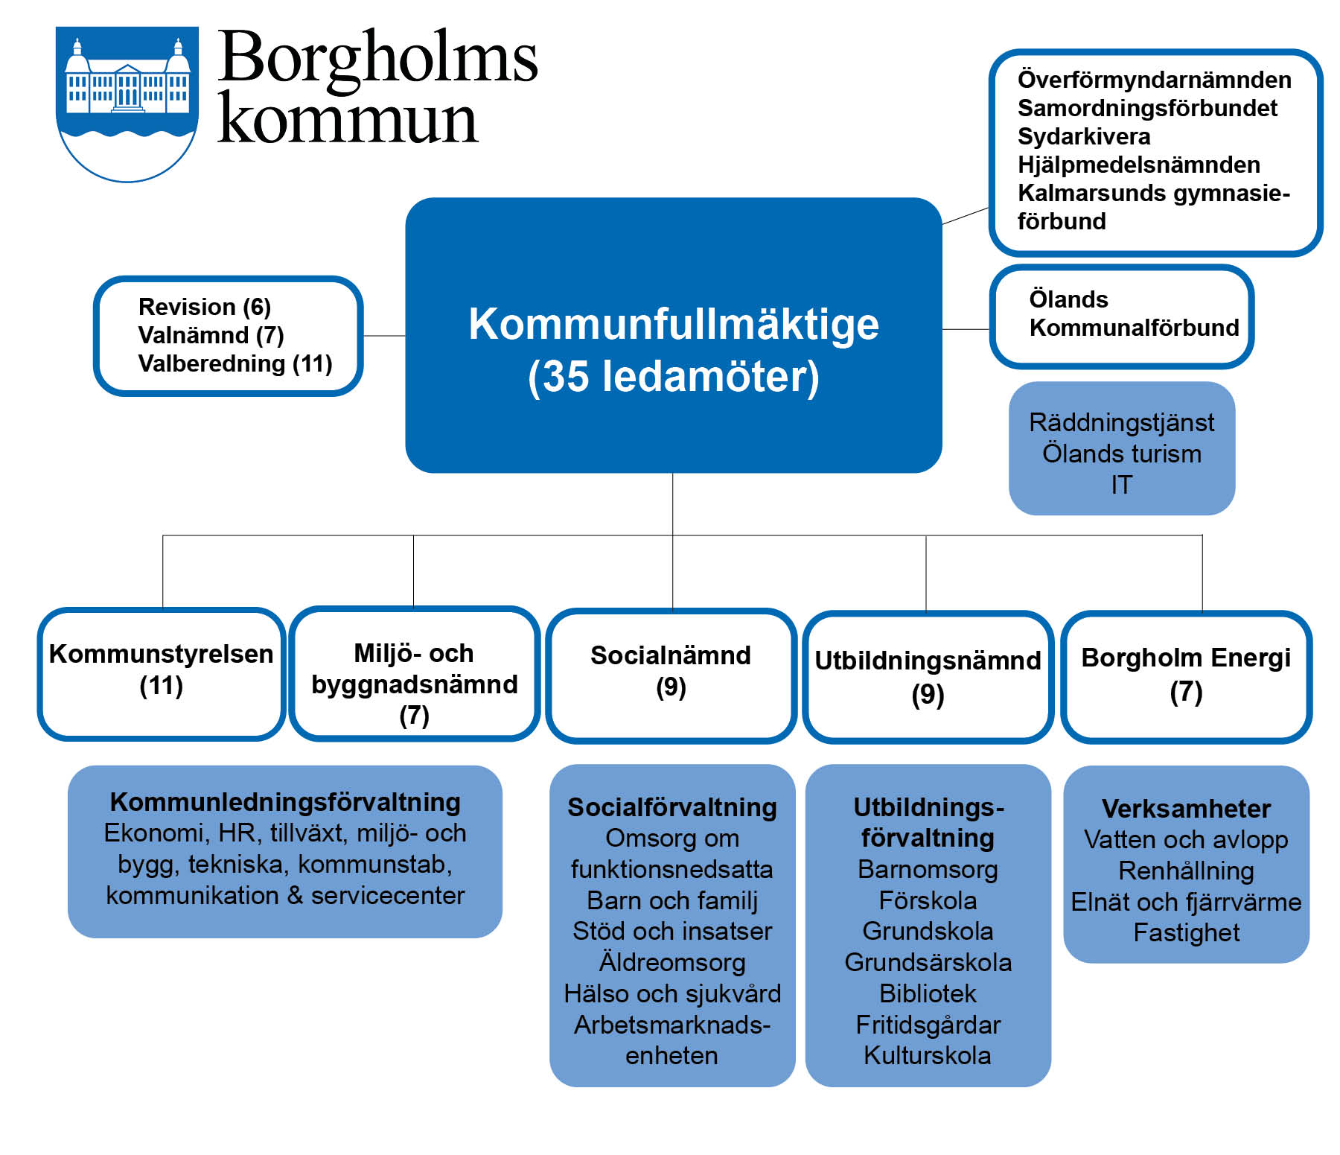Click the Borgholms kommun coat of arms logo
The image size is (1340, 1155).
127,104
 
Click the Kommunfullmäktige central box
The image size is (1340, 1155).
674,335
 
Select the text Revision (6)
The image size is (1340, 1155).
205,307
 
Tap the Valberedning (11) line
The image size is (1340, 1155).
235,363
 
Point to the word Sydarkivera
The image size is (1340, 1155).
1084,136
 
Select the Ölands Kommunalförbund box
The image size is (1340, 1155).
1122,316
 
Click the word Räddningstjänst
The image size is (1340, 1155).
1122,422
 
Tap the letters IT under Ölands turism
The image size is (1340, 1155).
1122,485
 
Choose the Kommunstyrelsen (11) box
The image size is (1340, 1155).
162,674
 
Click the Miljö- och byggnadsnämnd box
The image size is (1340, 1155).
415,674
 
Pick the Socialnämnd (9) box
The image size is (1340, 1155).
671,675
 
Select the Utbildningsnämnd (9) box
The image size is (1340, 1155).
928,677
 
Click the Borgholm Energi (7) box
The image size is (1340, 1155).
1187,677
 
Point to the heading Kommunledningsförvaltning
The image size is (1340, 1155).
285,802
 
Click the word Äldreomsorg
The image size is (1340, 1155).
672,962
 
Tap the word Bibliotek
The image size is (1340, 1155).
928,993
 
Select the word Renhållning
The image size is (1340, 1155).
1187,871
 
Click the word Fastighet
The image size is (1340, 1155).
1187,932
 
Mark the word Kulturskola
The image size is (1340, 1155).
928,1055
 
